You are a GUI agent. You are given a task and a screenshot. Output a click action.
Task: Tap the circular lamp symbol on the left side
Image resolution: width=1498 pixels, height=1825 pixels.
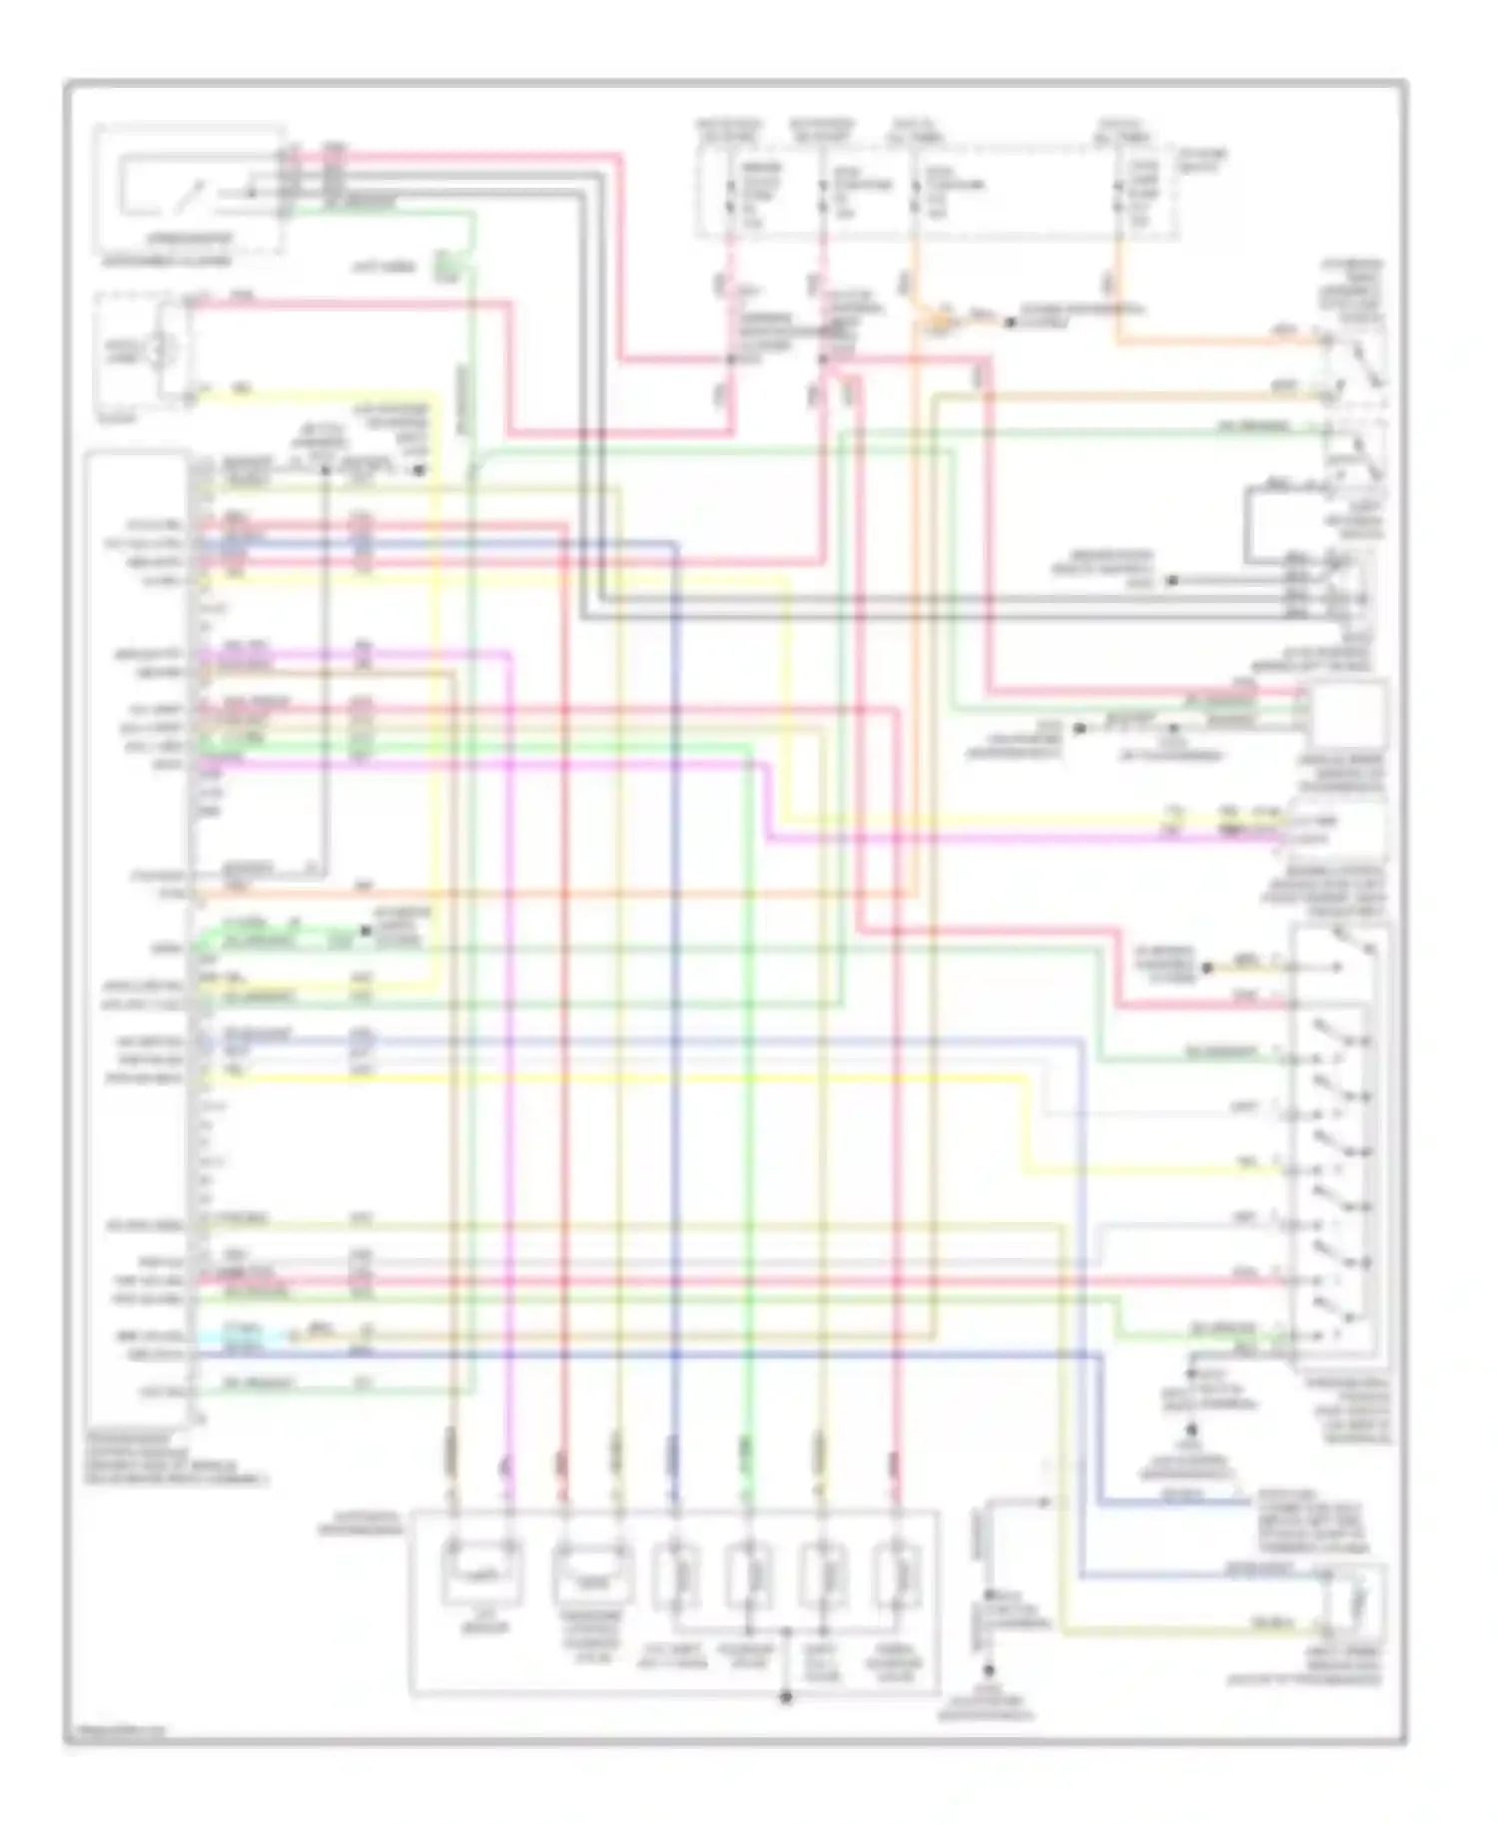point(159,349)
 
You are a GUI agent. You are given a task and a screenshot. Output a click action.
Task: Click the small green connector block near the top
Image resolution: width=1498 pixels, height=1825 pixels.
point(445,267)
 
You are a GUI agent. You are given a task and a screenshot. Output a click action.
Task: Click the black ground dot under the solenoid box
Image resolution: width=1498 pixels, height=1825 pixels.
point(786,1696)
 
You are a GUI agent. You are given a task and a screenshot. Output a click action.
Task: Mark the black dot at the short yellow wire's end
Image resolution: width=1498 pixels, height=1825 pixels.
point(1207,966)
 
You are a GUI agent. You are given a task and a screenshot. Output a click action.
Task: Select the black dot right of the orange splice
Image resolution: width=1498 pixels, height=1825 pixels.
point(1010,321)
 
